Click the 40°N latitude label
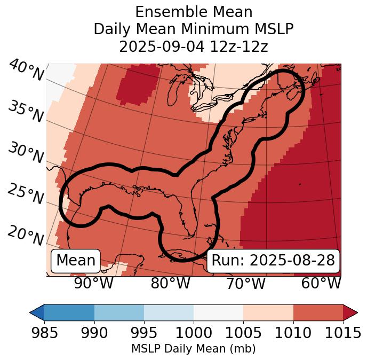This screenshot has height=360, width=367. point(26,71)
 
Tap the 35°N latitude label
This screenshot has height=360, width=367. point(26,111)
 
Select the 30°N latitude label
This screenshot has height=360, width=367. point(26,153)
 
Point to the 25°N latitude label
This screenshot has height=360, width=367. point(26,194)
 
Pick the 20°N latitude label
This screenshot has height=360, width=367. point(26,235)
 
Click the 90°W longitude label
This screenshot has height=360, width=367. point(94,283)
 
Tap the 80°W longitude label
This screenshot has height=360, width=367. point(170,283)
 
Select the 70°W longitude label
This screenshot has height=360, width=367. point(246,283)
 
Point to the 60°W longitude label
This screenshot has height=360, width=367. point(321,283)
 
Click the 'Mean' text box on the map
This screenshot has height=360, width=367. point(76,261)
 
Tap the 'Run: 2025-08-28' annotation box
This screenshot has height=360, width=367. point(273,261)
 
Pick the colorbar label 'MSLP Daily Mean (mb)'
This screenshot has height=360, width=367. point(193,349)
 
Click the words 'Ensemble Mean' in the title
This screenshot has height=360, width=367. point(194,12)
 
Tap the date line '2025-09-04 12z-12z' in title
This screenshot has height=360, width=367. point(194,46)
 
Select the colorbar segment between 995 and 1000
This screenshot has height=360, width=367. point(169,312)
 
